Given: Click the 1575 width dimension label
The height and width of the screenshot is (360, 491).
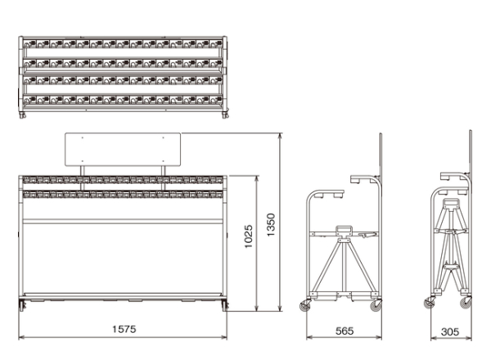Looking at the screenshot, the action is point(124,329).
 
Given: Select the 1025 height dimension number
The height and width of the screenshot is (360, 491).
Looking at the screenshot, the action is point(248,236).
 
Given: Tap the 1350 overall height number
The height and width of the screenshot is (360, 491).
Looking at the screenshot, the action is point(271,225).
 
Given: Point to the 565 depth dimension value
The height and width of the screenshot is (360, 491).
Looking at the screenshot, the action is point(345,331).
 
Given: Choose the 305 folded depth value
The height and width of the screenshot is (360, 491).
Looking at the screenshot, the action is point(450,331).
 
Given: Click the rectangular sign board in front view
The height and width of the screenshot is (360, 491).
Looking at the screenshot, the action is point(123,150).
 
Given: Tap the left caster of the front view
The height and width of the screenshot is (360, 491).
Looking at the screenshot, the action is point(22,305).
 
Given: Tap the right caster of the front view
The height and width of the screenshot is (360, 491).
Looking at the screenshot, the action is point(225,305).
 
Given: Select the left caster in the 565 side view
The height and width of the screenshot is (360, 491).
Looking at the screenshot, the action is point(305,305).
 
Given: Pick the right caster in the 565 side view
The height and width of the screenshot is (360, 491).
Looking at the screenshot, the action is point(376,305).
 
